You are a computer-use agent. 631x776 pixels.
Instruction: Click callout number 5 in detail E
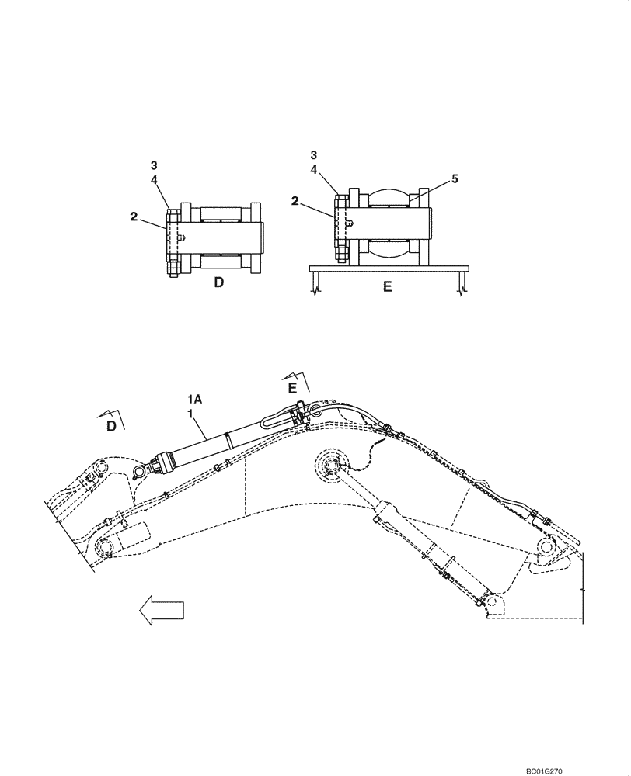click(x=455, y=178)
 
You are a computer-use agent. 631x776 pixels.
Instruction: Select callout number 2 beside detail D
click(x=134, y=217)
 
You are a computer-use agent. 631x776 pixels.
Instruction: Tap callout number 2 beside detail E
click(x=296, y=200)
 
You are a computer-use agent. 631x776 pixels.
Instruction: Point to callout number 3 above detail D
click(x=154, y=165)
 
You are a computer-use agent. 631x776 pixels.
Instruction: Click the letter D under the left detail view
click(x=218, y=283)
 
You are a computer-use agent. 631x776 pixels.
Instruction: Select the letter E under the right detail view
click(x=387, y=286)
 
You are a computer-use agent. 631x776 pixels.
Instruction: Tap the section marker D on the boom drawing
click(x=111, y=425)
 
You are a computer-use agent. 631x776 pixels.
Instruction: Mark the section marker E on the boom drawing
click(x=293, y=386)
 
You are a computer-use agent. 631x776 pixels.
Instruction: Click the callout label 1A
click(x=194, y=399)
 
